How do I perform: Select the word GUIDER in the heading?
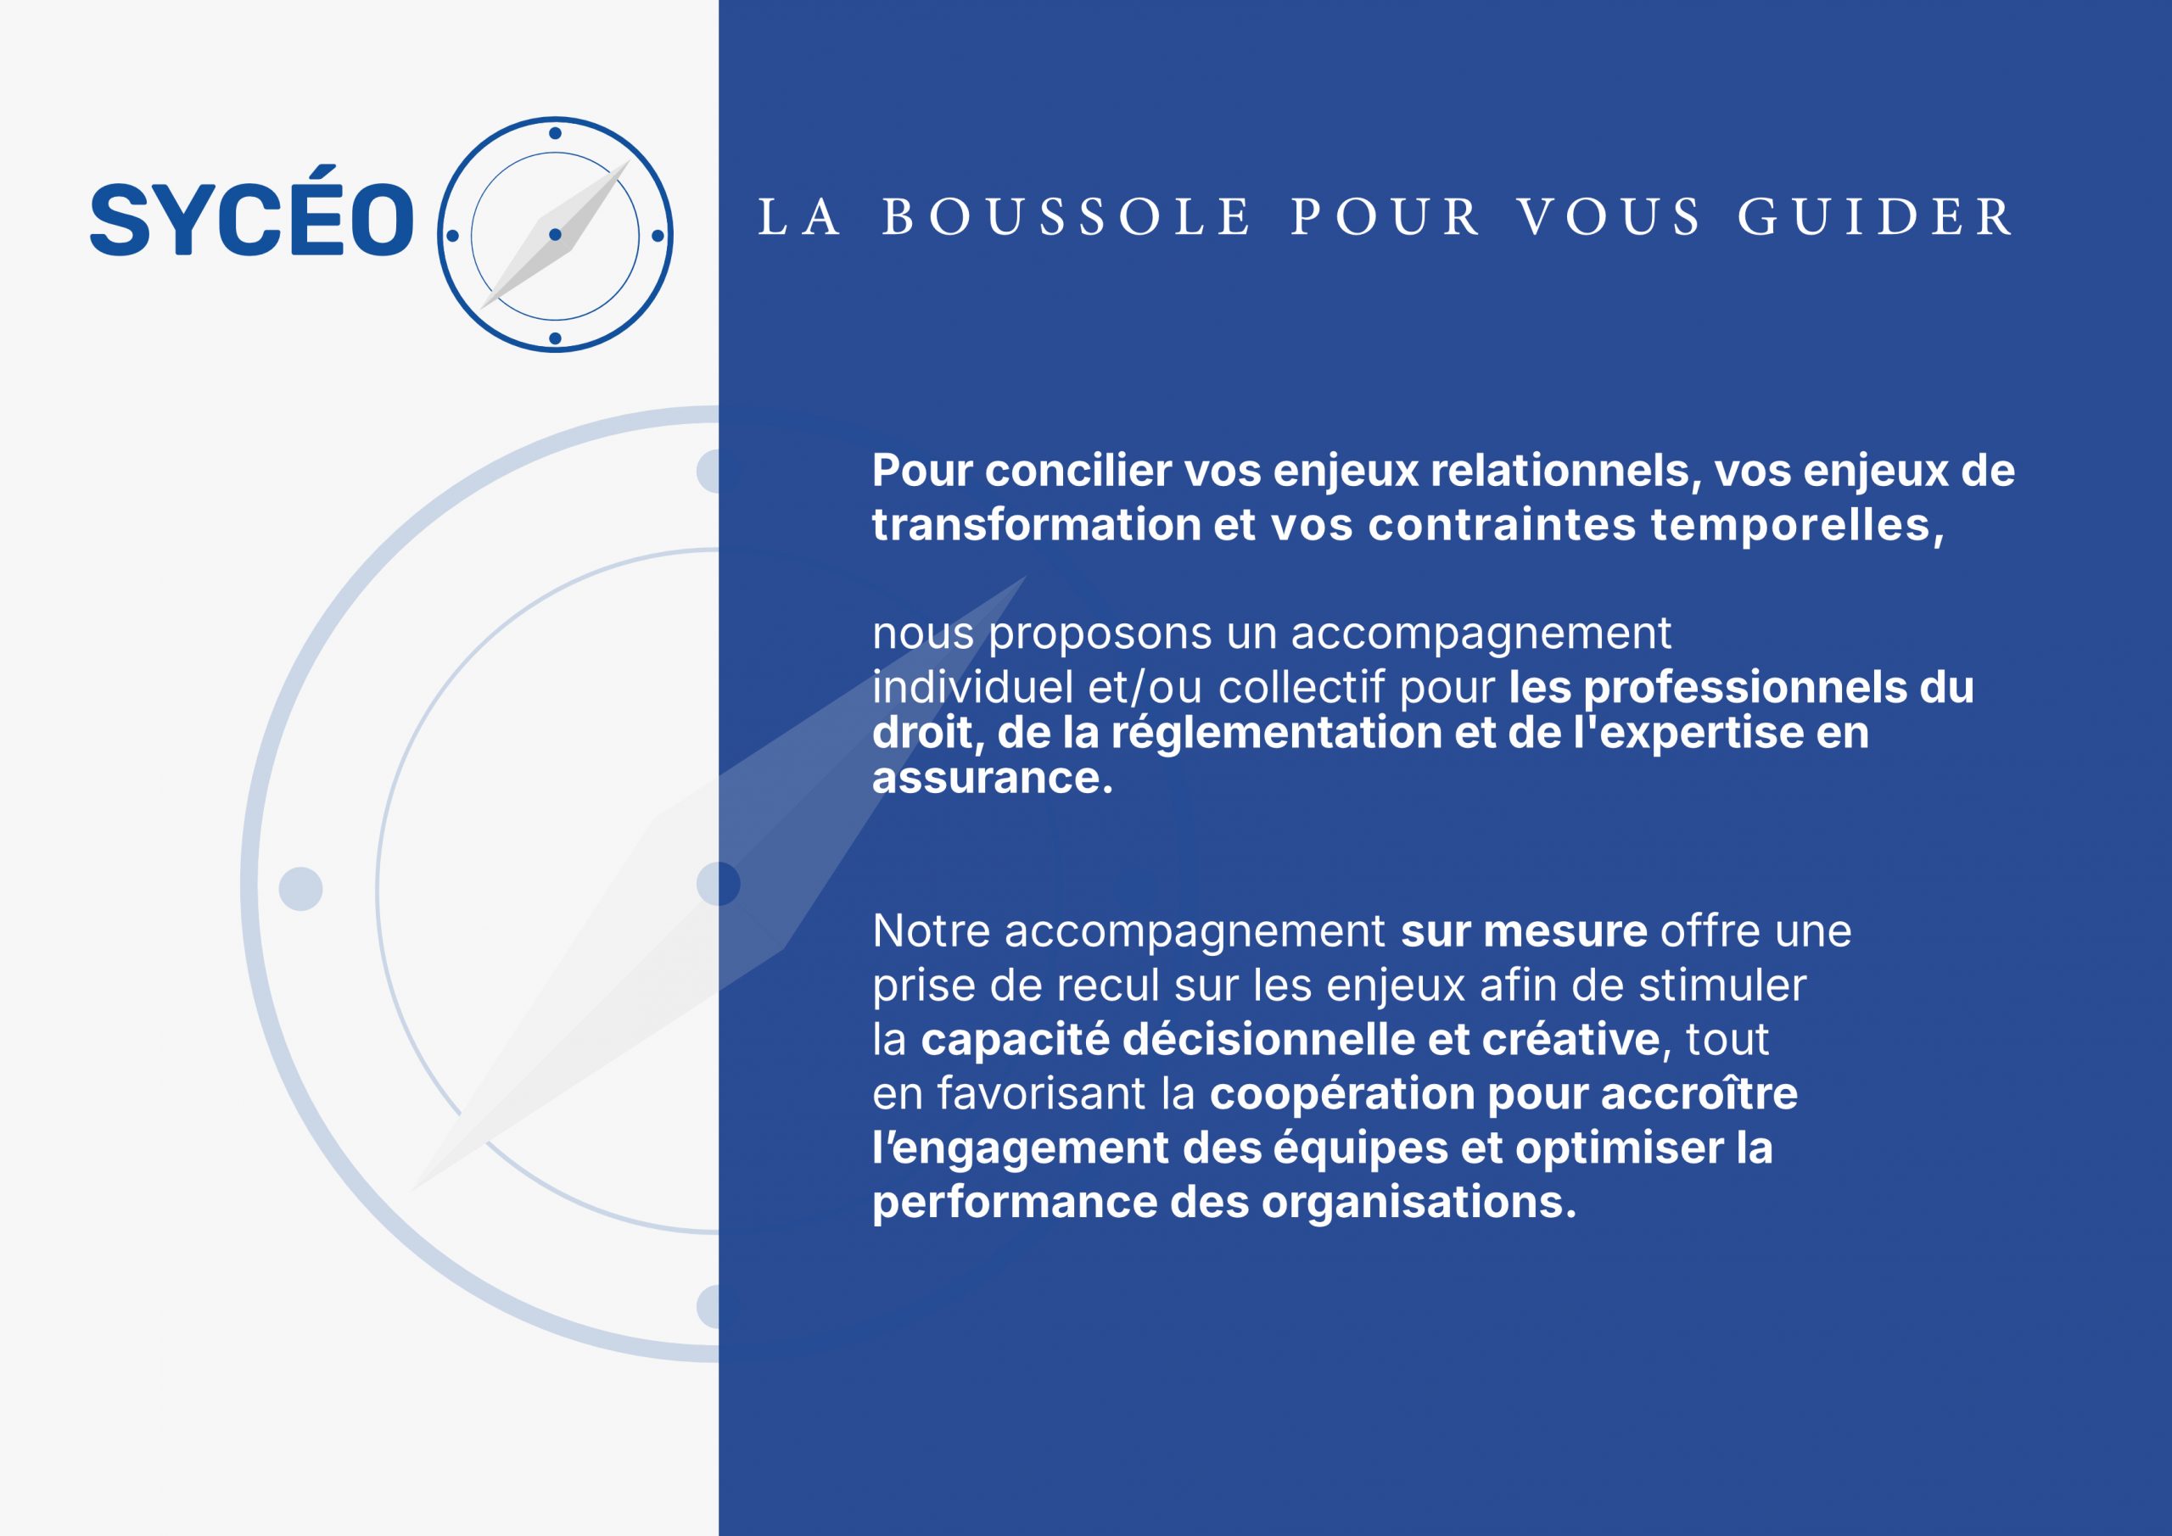1876,216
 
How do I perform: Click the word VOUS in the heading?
1610,216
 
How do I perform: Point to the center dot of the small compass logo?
555,235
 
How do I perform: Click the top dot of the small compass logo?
555,133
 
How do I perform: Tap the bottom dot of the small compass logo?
555,338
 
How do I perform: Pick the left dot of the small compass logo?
452,236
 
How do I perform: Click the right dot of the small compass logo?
658,236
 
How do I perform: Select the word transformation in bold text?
1037,525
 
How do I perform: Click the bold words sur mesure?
1524,931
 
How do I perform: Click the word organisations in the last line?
1419,1203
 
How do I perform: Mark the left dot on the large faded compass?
301,889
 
